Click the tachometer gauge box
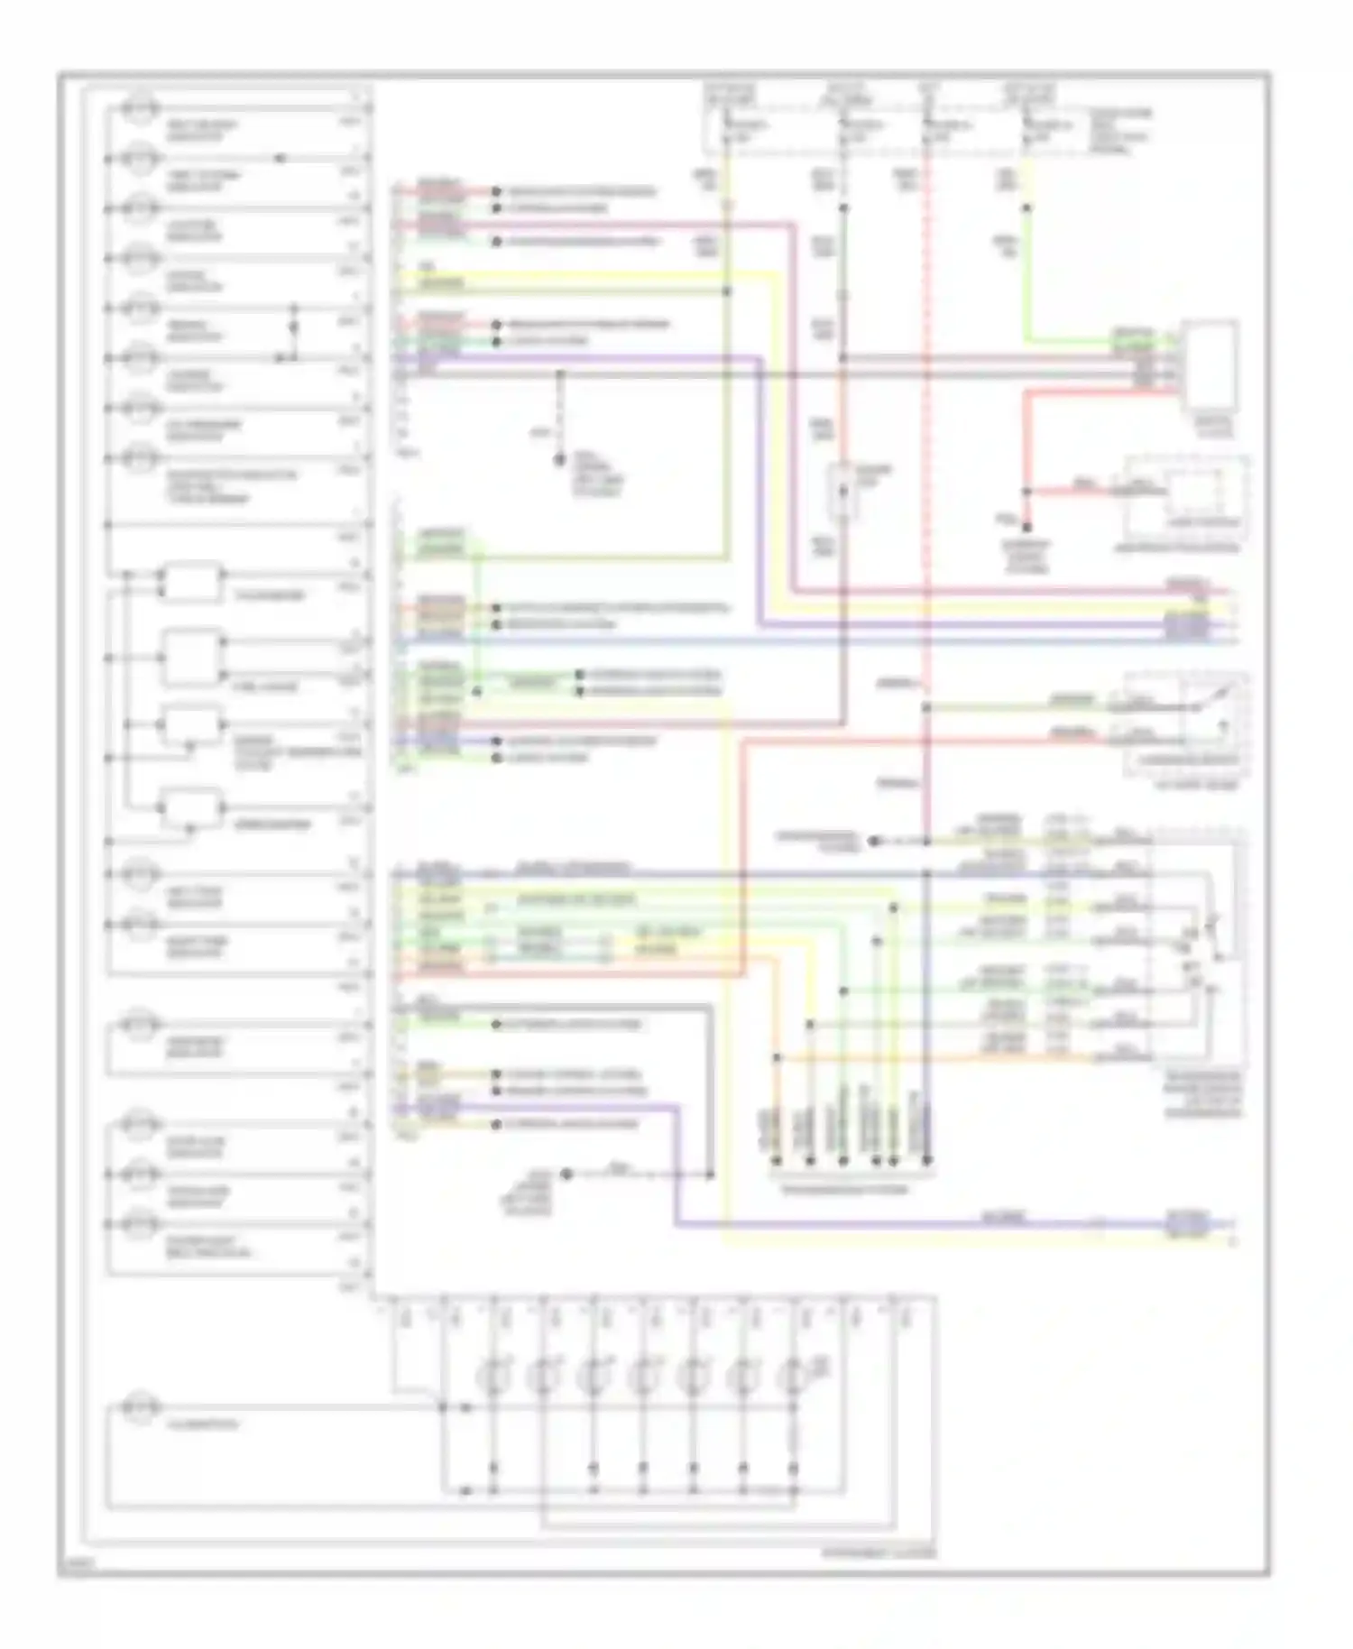coord(191,584)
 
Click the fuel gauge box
coord(192,657)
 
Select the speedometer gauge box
coord(191,808)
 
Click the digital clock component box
coord(1210,365)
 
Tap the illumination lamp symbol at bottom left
coord(140,1406)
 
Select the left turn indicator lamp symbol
coord(140,874)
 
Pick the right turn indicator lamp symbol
coord(140,925)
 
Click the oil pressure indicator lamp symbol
coord(140,408)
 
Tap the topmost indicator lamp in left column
coord(140,108)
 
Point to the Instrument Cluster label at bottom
coord(879,1553)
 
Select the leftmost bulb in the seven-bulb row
coord(492,1378)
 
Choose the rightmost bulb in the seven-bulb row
coord(793,1378)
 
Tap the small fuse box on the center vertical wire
coord(844,493)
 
